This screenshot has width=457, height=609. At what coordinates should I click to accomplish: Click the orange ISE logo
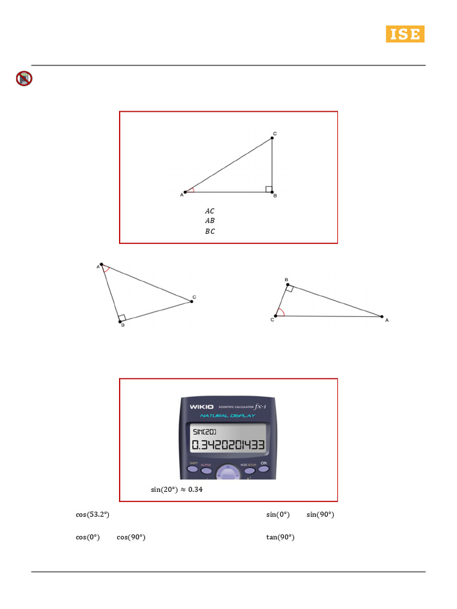(405, 34)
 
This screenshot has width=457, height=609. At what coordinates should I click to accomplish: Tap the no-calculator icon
(24, 79)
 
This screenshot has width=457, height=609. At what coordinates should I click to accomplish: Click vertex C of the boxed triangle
(272, 137)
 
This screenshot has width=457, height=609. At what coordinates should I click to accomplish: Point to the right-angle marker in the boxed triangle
(269, 189)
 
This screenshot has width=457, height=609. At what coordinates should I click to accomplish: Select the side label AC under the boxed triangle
(209, 211)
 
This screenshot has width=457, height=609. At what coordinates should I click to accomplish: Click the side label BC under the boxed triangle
(209, 231)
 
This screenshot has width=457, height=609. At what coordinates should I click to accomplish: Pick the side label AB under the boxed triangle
(209, 221)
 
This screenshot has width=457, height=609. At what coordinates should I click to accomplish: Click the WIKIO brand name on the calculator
(202, 407)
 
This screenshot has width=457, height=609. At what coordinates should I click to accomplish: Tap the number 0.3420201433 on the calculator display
(228, 446)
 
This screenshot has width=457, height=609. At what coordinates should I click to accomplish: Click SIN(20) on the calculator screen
(205, 432)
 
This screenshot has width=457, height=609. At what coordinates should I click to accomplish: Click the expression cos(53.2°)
(92, 514)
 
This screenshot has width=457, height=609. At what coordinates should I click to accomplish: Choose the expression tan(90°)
(280, 537)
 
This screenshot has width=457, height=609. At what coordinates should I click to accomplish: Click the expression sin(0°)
(278, 514)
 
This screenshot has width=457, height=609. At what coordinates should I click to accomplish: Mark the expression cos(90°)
(132, 537)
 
